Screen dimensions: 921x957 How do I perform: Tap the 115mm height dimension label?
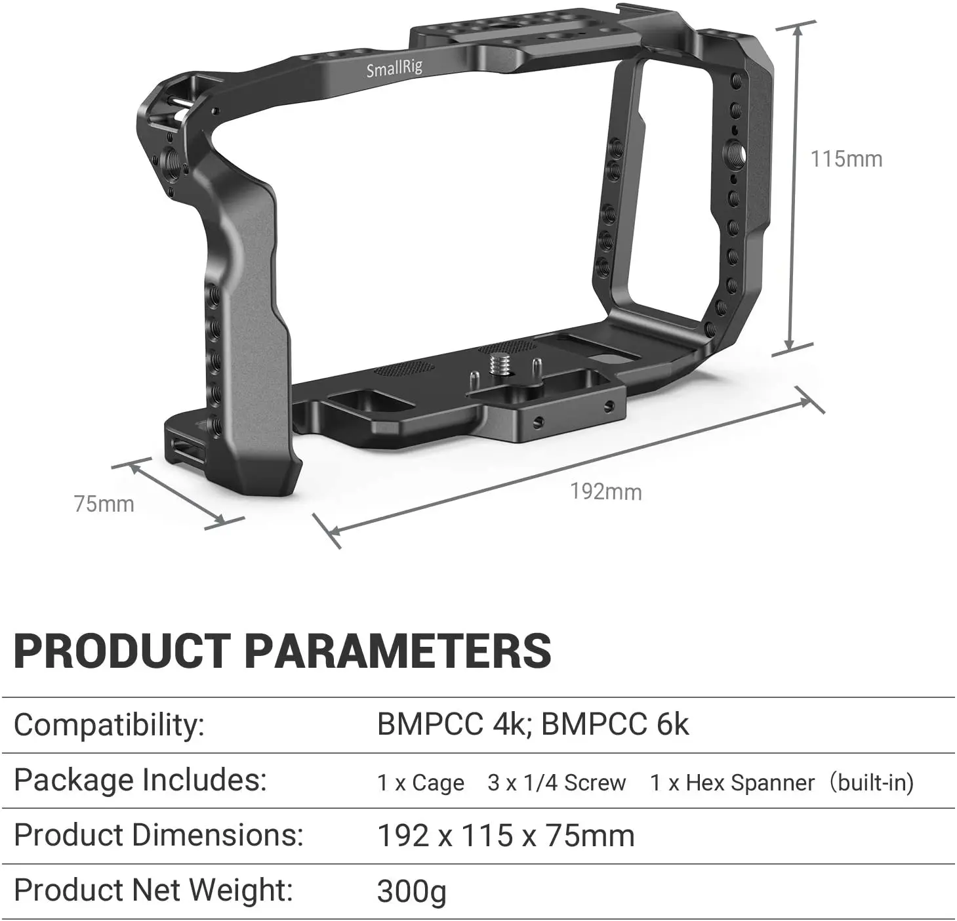coord(846,159)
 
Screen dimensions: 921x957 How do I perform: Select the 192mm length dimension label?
coord(605,491)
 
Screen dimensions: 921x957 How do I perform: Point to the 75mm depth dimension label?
coord(104,504)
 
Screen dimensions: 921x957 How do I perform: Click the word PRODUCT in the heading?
coord(121,651)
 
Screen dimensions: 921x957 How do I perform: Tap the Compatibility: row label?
coord(109,725)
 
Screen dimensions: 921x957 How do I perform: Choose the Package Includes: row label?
coord(140,780)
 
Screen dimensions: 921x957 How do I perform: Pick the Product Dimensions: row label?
coord(158,835)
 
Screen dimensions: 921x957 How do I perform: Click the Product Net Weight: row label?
coord(153,890)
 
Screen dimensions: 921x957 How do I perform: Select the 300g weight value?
coord(411,891)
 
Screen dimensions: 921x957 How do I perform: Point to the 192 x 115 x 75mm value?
coord(505,836)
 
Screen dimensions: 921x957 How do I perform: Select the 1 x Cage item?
coord(420,783)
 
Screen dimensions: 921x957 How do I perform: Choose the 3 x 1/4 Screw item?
coord(556,783)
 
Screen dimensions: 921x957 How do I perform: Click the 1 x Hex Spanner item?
coord(732,783)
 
